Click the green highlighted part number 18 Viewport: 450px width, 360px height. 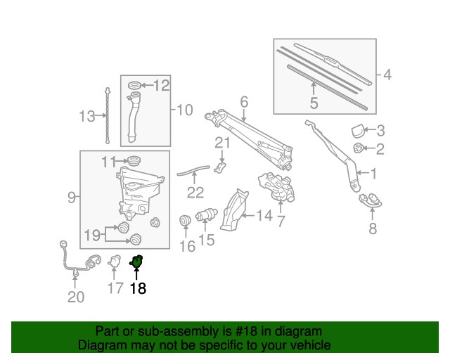pos(137,262)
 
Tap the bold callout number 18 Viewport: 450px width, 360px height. pos(138,288)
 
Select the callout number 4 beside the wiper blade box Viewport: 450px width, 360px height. pos(387,75)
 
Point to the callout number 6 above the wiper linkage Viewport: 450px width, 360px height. pos(244,103)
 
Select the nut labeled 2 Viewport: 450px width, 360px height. pos(359,148)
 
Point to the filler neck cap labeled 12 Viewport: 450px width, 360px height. pos(136,86)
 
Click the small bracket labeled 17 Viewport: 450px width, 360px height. pos(114,262)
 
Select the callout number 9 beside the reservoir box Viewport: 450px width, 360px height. pos(71,198)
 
